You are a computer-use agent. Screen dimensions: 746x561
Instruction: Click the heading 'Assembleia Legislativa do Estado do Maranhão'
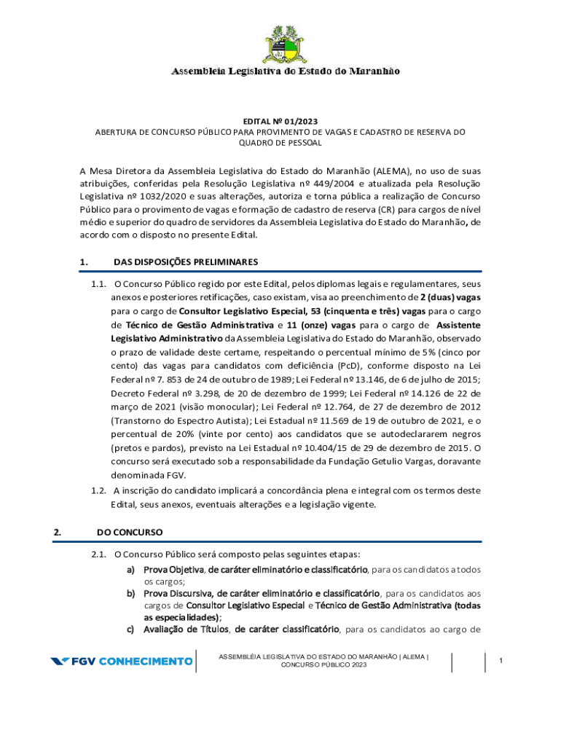pyautogui.click(x=285, y=71)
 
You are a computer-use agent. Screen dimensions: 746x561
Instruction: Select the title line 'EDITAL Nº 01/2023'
pyautogui.click(x=280, y=121)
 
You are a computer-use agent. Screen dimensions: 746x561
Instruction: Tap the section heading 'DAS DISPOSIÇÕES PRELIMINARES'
pyautogui.click(x=186, y=262)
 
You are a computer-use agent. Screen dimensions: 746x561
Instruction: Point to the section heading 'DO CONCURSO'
pyautogui.click(x=130, y=532)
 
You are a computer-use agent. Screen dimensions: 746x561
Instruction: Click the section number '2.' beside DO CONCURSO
pyautogui.click(x=58, y=532)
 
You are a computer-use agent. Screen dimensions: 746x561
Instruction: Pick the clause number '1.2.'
pyautogui.click(x=100, y=490)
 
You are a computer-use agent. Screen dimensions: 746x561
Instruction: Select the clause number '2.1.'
pyautogui.click(x=100, y=555)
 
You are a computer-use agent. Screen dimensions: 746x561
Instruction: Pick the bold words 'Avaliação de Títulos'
pyautogui.click(x=186, y=629)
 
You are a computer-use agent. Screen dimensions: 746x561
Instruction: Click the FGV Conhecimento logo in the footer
pyautogui.click(x=121, y=661)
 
